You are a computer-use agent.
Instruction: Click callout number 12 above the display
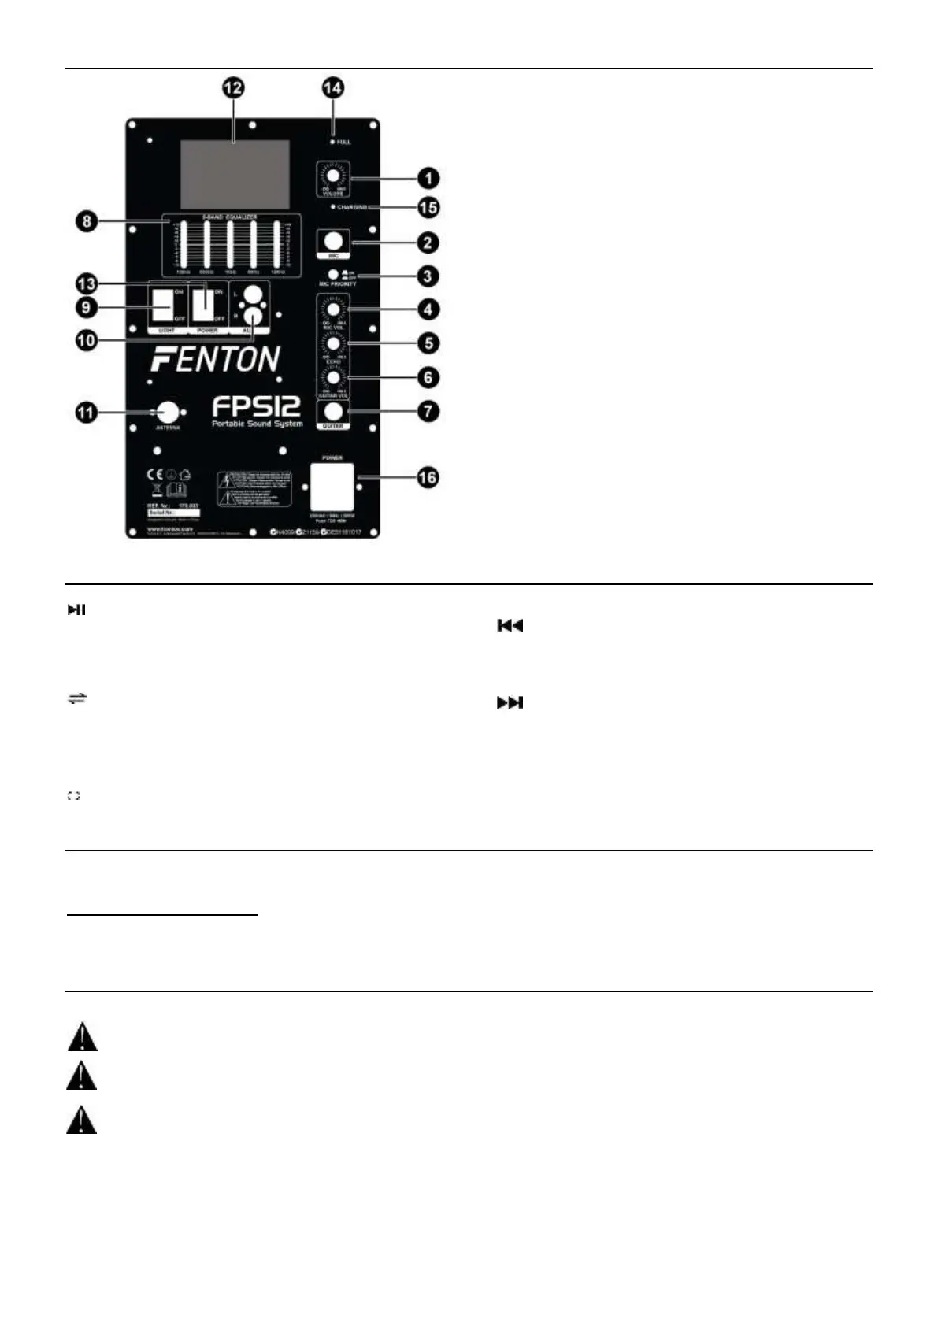pos(232,88)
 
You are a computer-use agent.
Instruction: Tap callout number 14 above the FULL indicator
pos(333,88)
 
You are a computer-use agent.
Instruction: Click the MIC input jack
pos(332,241)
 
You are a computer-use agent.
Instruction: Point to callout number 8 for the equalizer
pos(87,220)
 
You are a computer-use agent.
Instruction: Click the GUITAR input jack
pos(334,411)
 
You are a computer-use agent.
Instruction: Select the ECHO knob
pos(334,344)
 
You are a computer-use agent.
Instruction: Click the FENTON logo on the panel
pos(215,360)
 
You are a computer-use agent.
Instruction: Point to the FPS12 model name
pos(256,407)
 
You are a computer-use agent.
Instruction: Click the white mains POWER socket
pos(332,487)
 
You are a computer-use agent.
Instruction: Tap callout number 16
pos(428,478)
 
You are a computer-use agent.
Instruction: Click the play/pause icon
pos(76,609)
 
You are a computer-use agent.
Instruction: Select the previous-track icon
pos(510,626)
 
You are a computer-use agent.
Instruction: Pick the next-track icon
pos(510,703)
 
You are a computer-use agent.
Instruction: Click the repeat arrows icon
pos(76,698)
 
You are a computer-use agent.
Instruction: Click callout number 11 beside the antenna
pos(87,412)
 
